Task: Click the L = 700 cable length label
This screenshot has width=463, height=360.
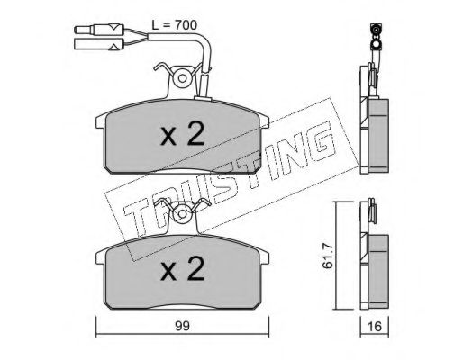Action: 174,25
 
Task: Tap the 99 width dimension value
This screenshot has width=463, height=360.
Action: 182,326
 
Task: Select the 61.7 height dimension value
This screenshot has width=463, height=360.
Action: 328,256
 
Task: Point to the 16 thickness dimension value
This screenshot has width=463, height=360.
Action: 374,327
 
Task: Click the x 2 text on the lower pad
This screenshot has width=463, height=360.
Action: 182,268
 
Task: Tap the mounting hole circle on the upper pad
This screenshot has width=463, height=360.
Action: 182,78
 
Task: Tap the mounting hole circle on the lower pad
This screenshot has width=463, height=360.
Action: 182,213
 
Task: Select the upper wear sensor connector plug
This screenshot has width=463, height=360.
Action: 99,30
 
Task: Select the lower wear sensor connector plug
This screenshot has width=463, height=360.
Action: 98,44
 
